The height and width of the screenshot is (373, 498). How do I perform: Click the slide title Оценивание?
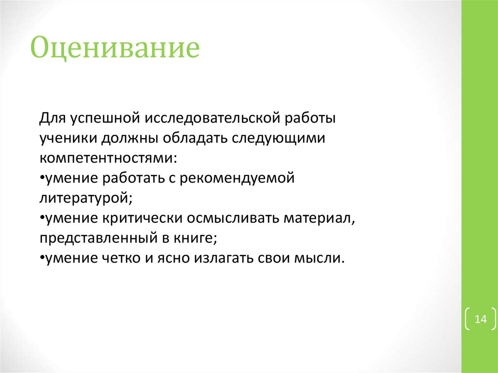115,50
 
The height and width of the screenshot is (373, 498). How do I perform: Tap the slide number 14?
480,320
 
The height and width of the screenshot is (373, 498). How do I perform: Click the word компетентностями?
107,159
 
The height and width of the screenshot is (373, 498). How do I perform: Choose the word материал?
317,219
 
